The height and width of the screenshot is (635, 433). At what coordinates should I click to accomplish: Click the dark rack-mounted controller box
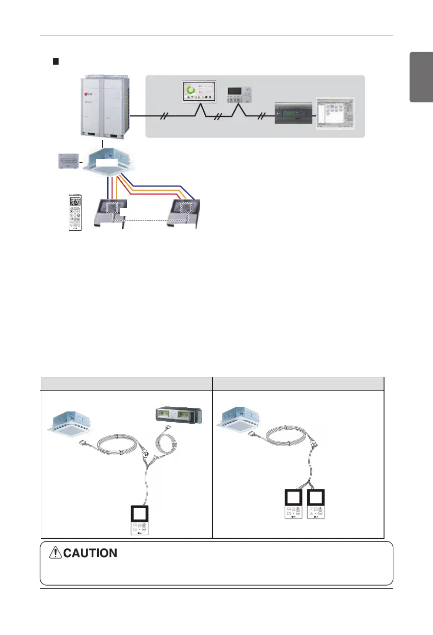(293, 115)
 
